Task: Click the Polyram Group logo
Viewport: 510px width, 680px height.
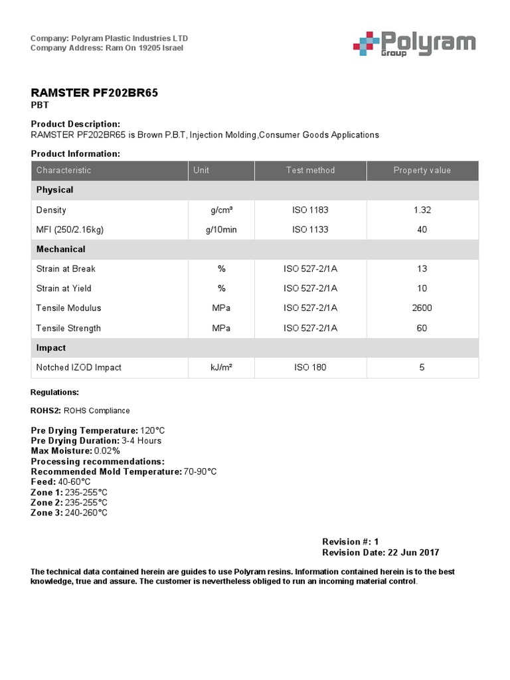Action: (x=413, y=44)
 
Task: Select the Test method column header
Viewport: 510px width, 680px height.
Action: (x=310, y=170)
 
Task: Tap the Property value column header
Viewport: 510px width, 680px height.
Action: (x=422, y=170)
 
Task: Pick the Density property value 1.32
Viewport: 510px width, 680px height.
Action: (x=422, y=210)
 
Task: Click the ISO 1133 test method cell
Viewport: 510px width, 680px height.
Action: (x=310, y=230)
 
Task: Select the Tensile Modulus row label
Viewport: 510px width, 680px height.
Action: (x=69, y=308)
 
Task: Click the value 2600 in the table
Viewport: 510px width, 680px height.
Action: (x=422, y=308)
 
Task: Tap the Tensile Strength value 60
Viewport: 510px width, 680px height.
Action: (x=422, y=328)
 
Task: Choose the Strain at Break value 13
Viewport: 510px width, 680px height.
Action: (x=422, y=269)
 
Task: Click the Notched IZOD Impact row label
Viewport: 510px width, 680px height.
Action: (x=79, y=367)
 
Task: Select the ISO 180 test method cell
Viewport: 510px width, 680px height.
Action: (x=310, y=367)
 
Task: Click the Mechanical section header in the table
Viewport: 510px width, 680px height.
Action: (x=61, y=249)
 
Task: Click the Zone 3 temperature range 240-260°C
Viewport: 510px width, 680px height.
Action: (x=86, y=513)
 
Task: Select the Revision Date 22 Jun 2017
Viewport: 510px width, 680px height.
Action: (x=413, y=552)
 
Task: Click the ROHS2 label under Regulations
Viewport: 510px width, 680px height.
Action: (x=46, y=410)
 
